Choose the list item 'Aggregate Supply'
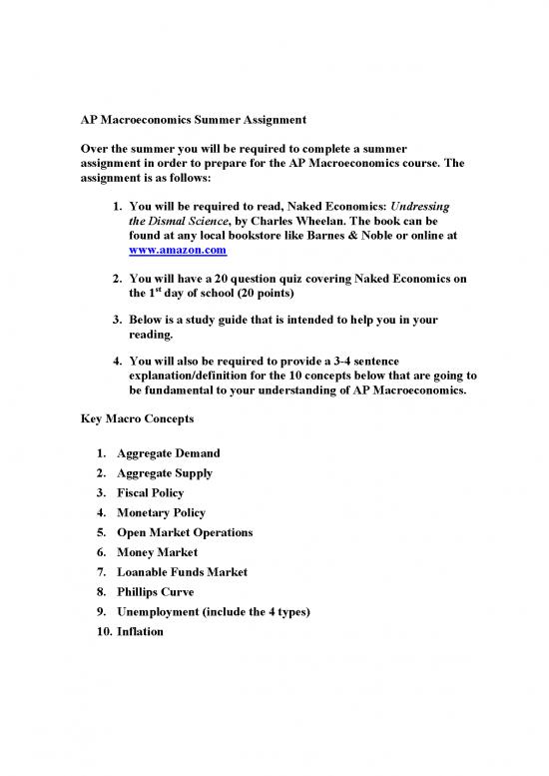tap(163, 473)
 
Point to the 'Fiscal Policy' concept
tap(152, 493)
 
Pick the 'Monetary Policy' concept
tap(161, 513)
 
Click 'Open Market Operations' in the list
tap(185, 532)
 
